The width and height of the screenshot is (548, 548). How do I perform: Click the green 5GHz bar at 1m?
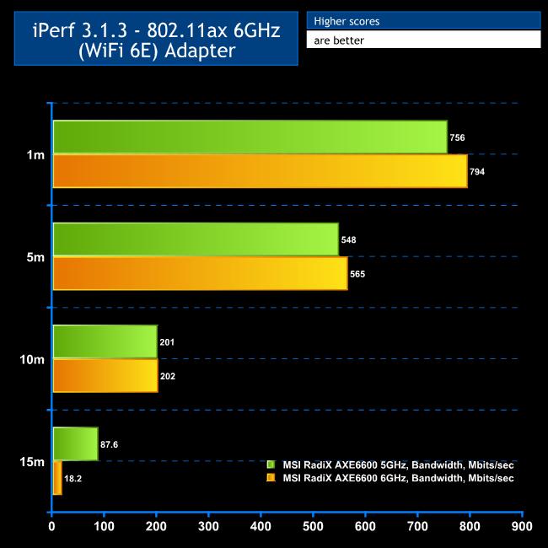point(250,137)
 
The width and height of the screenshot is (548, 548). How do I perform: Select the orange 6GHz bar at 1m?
point(260,171)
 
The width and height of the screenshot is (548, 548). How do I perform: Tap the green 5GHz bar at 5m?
point(196,239)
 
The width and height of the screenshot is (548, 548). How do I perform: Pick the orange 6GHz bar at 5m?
point(200,274)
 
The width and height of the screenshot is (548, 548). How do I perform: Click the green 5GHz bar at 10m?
point(105,341)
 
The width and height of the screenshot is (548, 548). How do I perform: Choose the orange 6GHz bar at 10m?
point(105,376)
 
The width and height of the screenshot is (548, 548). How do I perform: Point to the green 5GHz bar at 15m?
point(75,444)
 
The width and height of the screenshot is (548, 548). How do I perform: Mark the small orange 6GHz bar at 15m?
point(57,478)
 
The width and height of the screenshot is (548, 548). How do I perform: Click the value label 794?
point(477,172)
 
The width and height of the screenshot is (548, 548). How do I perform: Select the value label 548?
point(348,240)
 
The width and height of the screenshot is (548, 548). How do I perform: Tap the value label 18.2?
point(73,479)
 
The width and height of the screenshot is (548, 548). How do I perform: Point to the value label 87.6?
point(110,444)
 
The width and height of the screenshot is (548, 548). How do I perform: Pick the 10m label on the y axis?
point(32,359)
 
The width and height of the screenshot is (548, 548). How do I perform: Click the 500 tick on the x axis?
point(314,528)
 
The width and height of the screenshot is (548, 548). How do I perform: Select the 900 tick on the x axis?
point(522,528)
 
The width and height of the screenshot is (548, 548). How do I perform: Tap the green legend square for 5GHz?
point(271,465)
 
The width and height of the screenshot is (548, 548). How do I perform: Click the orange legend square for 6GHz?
point(271,478)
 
